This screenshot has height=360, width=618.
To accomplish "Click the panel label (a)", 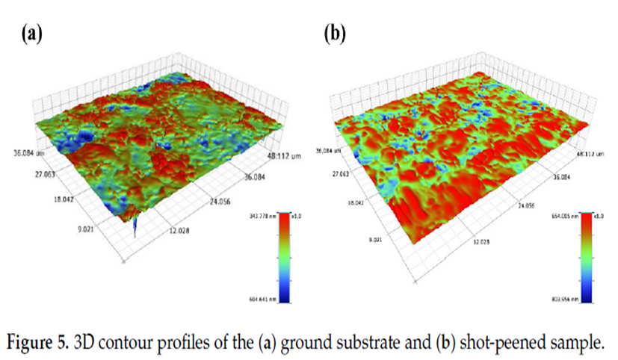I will (32, 34).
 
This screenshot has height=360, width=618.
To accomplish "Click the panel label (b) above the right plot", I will (333, 34).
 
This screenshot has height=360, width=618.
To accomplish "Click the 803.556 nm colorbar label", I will (563, 299).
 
